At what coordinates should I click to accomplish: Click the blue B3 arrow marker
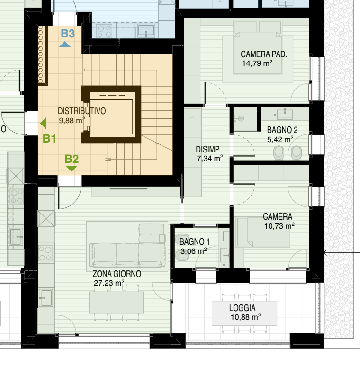point(65,45)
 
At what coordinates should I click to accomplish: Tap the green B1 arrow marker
point(43,124)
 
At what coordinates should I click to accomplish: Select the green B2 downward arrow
point(71,169)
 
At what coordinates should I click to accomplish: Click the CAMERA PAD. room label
point(263,54)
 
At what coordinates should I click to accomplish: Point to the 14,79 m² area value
point(257,63)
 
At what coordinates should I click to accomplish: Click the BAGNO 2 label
point(282,130)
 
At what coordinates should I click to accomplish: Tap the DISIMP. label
point(208,150)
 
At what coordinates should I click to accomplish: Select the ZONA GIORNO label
point(117,274)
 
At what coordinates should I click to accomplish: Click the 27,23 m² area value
point(109,283)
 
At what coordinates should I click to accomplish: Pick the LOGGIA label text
point(243,308)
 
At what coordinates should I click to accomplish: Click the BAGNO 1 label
point(195,242)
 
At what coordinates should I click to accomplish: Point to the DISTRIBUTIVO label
point(82,111)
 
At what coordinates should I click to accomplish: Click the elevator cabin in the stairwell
point(111,116)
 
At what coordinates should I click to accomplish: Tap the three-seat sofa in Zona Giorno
point(127,255)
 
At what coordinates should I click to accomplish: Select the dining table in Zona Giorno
point(116,302)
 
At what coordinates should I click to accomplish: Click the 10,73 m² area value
point(279,226)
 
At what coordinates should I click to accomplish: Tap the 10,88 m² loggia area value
point(246,317)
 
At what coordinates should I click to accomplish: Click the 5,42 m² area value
point(280,139)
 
